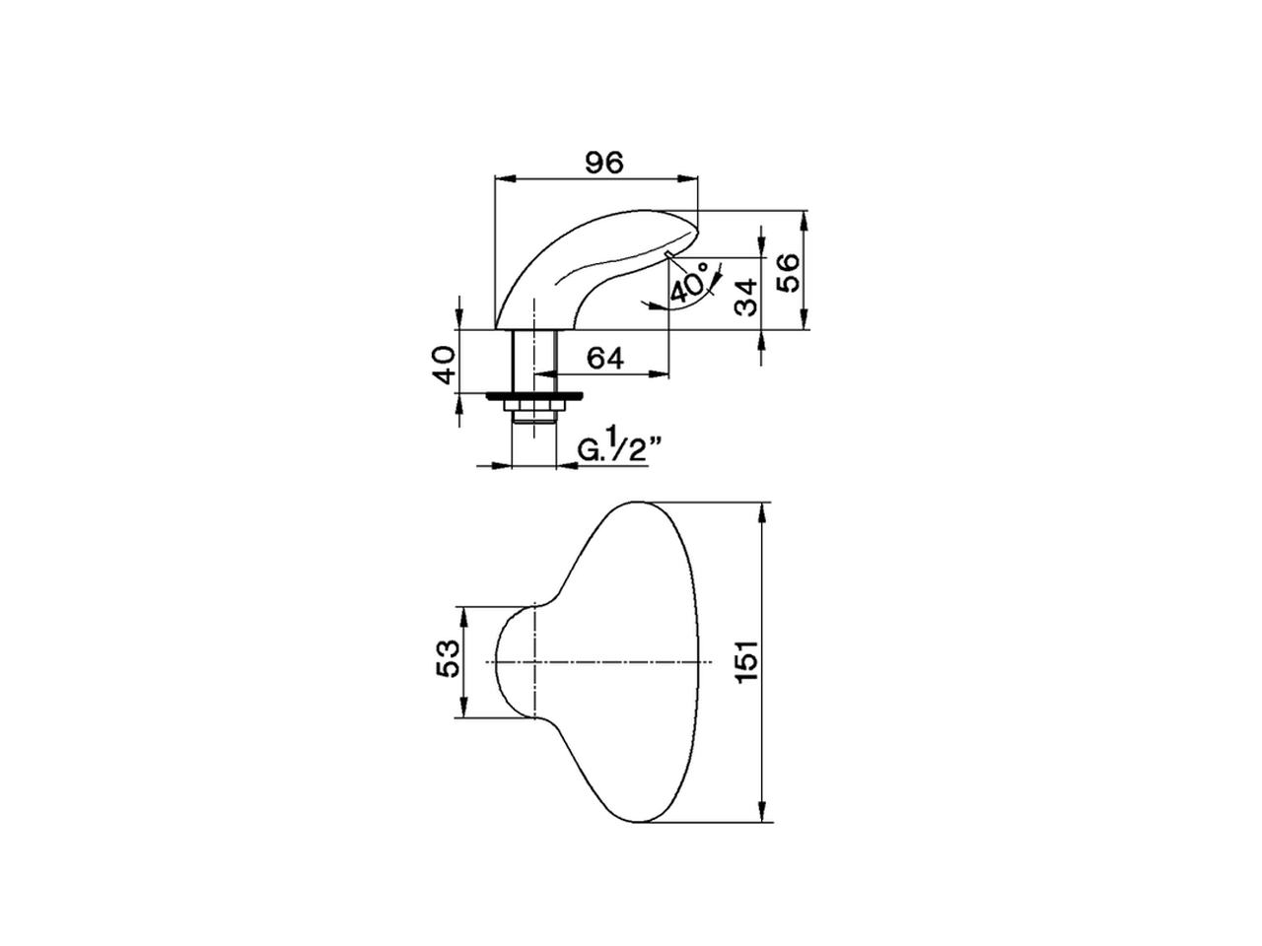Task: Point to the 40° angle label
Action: tap(689, 282)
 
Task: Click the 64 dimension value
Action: tap(604, 358)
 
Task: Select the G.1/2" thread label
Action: tap(619, 449)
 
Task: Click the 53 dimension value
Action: tap(448, 658)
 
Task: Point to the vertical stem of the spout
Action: tap(533, 360)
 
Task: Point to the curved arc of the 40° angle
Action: tap(690, 304)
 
